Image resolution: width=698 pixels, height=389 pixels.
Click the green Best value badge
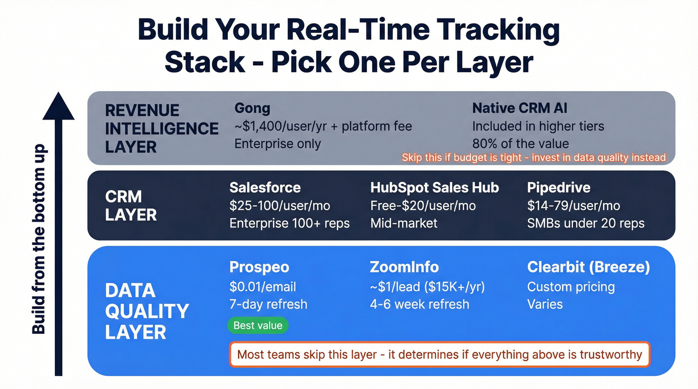click(x=258, y=326)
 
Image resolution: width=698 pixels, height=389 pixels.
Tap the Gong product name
click(x=252, y=108)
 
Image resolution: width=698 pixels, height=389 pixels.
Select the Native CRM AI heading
click(x=520, y=108)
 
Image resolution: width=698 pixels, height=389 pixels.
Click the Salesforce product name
click(x=265, y=187)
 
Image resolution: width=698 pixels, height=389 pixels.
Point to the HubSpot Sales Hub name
click(x=434, y=187)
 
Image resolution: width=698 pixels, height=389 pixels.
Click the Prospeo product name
click(x=259, y=267)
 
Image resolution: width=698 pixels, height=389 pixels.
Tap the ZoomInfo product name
click(x=404, y=267)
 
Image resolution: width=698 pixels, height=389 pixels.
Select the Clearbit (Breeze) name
click(x=588, y=267)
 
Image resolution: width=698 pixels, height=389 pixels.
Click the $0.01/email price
click(x=263, y=287)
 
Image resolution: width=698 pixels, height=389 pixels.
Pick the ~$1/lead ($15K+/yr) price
click(x=427, y=287)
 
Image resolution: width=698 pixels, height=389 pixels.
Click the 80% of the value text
click(x=521, y=144)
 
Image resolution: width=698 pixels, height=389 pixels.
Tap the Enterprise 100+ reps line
click(x=289, y=223)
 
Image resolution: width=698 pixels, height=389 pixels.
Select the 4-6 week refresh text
click(x=419, y=304)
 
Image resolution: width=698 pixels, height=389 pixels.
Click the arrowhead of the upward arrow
click(x=58, y=107)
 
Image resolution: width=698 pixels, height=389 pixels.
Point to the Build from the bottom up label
click(x=39, y=239)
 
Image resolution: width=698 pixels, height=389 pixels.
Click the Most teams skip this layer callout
click(x=439, y=355)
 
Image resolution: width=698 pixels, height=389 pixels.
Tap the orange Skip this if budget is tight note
click(x=533, y=158)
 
